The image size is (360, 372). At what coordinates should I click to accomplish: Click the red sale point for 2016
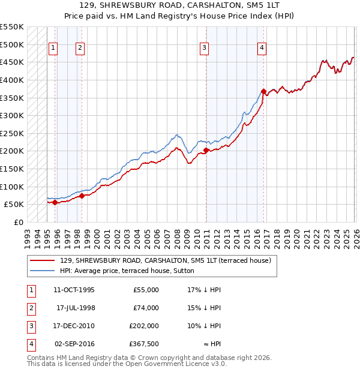[263, 91]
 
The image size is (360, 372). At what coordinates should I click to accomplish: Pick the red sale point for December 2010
[206, 150]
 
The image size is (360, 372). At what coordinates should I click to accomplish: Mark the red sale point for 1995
[55, 202]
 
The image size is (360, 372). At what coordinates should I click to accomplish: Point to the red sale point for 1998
[82, 196]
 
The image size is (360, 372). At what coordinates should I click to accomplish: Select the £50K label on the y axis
[13, 204]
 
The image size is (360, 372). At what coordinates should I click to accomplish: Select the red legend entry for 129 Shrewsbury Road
[165, 260]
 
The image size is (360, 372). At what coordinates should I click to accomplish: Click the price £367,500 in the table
[145, 344]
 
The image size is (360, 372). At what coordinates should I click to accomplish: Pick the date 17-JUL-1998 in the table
[75, 308]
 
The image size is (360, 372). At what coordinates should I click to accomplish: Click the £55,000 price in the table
[145, 290]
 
